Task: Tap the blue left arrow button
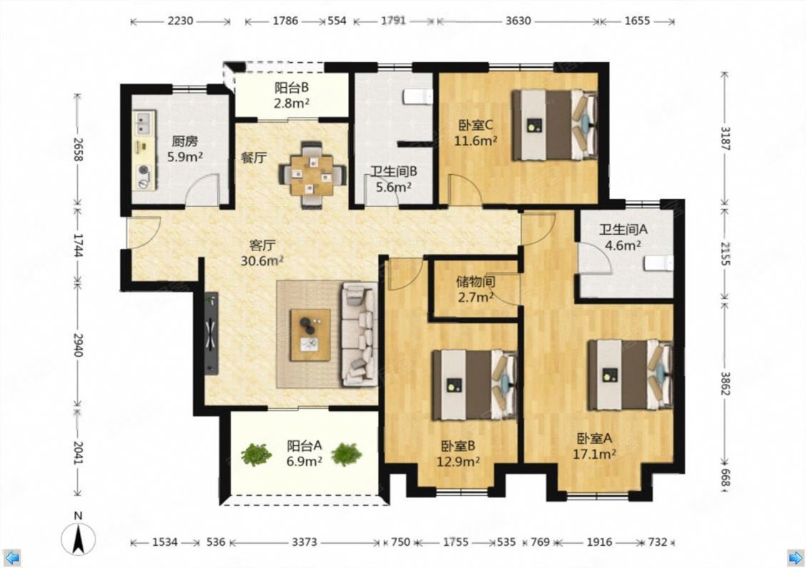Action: (x=11, y=557)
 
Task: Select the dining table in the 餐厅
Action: (x=312, y=176)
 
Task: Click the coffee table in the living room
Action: (x=310, y=335)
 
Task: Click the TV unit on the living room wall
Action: (x=211, y=333)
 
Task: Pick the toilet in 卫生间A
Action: (x=658, y=263)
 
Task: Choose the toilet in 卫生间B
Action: (x=418, y=97)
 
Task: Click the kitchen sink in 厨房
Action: (x=144, y=123)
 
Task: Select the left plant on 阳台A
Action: (x=257, y=455)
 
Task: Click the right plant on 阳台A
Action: (x=347, y=454)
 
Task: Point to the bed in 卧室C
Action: (x=554, y=125)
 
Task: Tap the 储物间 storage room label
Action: (x=476, y=282)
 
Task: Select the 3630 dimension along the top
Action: (x=518, y=21)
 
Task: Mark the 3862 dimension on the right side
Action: (x=725, y=383)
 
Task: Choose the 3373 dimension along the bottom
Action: (x=305, y=542)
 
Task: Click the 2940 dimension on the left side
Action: (x=78, y=345)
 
